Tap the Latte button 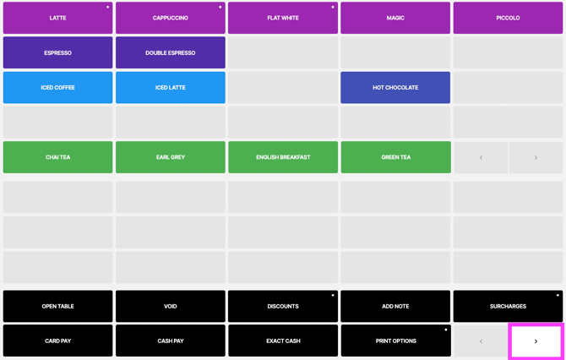[57, 18]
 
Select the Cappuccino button [171, 18]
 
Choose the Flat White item [283, 18]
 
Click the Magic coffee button [395, 18]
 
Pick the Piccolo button [508, 18]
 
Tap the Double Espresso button [171, 52]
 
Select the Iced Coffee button [57, 87]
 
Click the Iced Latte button [171, 87]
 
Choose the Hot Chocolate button [395, 87]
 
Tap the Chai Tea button [57, 157]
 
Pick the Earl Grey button [171, 157]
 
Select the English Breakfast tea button [283, 157]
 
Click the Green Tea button [395, 157]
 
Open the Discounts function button [283, 306]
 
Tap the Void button [171, 306]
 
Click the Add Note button [395, 306]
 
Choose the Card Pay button [57, 341]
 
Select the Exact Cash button [283, 341]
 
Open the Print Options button [395, 341]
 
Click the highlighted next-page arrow [536, 341]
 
